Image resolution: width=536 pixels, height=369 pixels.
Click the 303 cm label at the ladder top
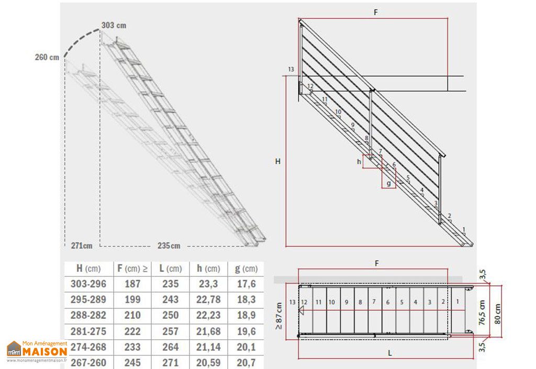tap(114, 25)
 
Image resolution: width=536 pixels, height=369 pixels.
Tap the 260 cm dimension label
tap(47, 57)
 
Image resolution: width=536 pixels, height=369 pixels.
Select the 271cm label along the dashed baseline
tap(82, 245)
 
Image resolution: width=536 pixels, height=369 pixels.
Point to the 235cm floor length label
tap(169, 245)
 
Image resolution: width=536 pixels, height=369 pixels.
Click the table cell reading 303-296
tap(88, 284)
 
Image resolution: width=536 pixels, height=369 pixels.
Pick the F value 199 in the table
tap(132, 300)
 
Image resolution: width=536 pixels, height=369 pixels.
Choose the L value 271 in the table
tap(170, 363)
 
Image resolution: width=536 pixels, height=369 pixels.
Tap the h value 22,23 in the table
tap(209, 316)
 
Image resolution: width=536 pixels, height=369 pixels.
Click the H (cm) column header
tap(88, 269)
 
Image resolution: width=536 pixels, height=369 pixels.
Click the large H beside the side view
tap(278, 162)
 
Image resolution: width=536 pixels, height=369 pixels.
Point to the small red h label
tap(359, 162)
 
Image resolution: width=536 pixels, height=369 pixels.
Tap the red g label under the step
tap(388, 184)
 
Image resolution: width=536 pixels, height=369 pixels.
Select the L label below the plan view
tap(390, 353)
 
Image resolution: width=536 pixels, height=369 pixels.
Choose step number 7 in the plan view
tap(374, 302)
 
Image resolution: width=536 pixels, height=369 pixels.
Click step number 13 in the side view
tap(291, 69)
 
